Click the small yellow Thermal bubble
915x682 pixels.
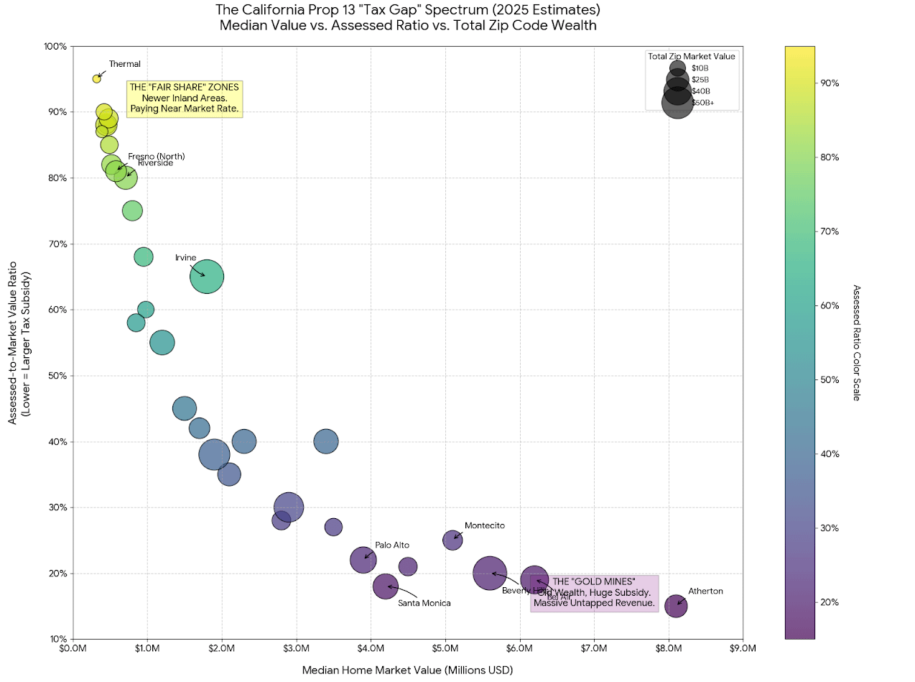coord(96,78)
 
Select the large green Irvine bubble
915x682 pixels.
coord(207,277)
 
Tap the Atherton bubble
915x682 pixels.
coord(676,606)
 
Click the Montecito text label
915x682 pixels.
coord(485,525)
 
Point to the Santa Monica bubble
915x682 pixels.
coord(386,586)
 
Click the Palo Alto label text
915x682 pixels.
coord(392,545)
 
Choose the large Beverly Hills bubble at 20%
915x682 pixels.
coord(490,573)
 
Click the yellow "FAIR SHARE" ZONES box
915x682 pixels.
coord(184,98)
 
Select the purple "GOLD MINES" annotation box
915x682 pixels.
coord(594,593)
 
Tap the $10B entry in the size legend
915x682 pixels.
coord(700,68)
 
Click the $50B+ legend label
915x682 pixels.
coord(703,103)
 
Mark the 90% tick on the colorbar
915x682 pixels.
coord(830,83)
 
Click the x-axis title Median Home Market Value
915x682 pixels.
coord(407,670)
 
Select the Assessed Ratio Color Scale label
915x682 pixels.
coord(855,342)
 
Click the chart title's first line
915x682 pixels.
coord(407,10)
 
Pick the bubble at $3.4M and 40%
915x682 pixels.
coord(326,441)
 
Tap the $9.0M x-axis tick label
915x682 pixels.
coord(743,649)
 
